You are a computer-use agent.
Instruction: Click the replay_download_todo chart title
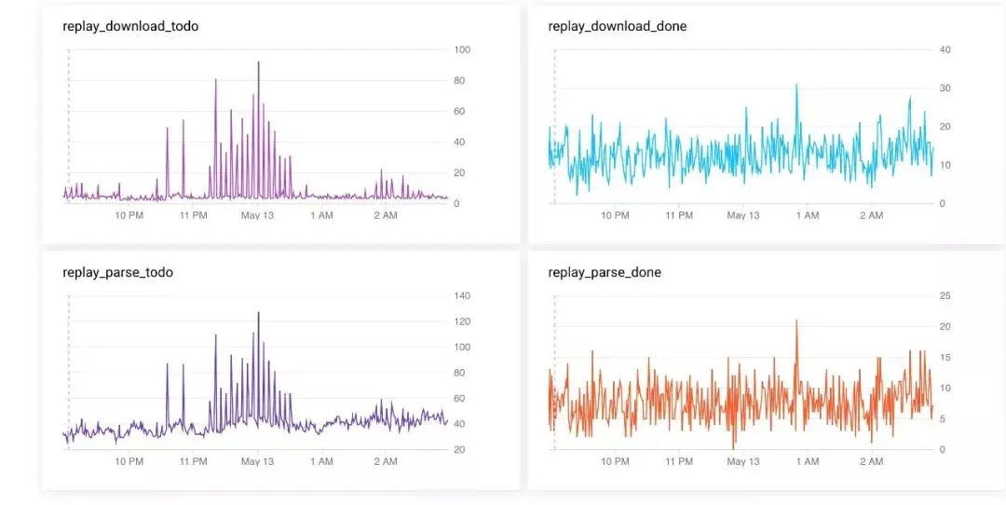pyautogui.click(x=130, y=26)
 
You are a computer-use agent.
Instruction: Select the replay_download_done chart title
pyautogui.click(x=618, y=26)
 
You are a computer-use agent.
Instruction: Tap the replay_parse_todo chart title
pyautogui.click(x=117, y=272)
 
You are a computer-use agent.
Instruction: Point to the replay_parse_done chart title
pyautogui.click(x=605, y=272)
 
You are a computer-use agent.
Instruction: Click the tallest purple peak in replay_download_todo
pyautogui.click(x=258, y=63)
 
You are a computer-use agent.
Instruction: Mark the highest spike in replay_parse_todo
pyautogui.click(x=258, y=313)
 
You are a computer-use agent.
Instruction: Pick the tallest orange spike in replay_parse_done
pyautogui.click(x=797, y=321)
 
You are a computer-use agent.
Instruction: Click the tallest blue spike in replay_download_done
pyautogui.click(x=796, y=86)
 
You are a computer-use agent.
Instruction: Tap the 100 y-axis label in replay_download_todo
pyautogui.click(x=462, y=49)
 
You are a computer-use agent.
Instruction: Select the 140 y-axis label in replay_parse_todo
pyautogui.click(x=462, y=296)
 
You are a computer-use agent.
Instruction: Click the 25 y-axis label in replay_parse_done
pyautogui.click(x=945, y=296)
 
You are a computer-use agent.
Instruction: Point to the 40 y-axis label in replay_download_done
pyautogui.click(x=945, y=49)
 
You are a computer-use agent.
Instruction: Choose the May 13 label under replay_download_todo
pyautogui.click(x=257, y=215)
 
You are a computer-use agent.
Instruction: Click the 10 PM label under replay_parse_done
pyautogui.click(x=615, y=461)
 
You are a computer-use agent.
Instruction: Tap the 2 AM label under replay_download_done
pyautogui.click(x=871, y=215)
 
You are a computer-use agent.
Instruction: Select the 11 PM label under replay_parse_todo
pyautogui.click(x=193, y=461)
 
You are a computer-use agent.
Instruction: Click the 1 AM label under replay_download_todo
pyautogui.click(x=320, y=215)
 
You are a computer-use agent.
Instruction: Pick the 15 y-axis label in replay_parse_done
pyautogui.click(x=945, y=357)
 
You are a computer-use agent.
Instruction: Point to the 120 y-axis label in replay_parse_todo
pyautogui.click(x=462, y=321)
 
